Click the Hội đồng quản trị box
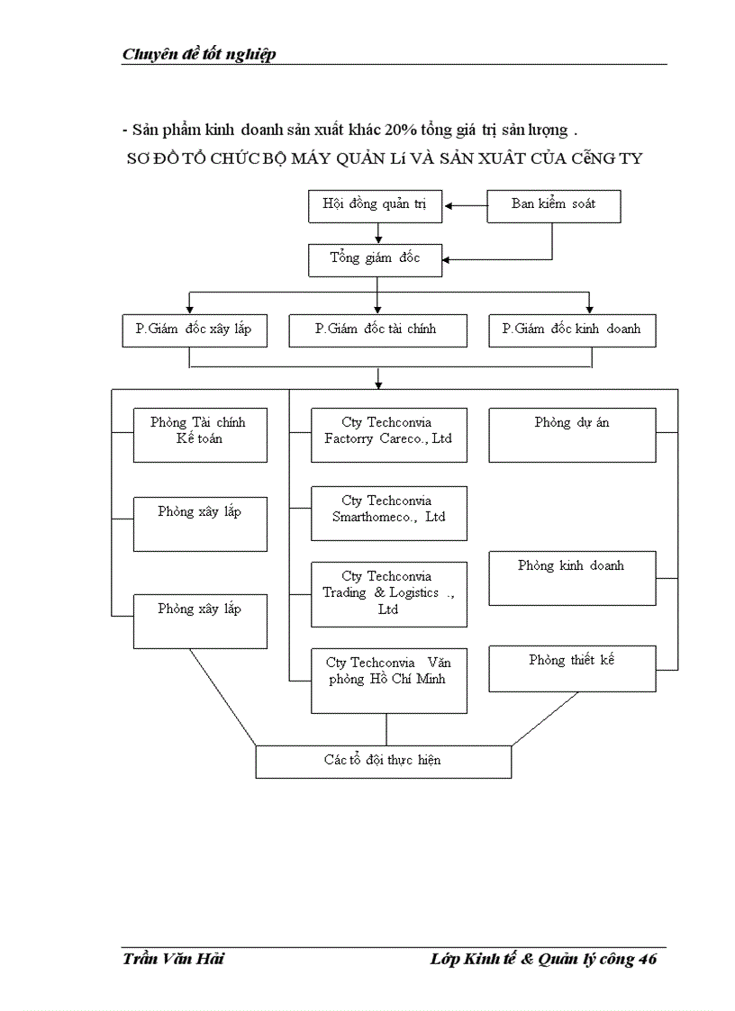pos(374,206)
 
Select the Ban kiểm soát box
pos(553,206)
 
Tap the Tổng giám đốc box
pos(374,260)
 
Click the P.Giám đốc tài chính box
pos(377,330)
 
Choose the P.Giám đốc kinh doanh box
pos(571,330)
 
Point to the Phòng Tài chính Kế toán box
pos(200,435)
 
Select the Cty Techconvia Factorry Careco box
pos(388,435)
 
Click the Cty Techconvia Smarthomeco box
pos(388,513)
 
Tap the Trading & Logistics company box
pos(388,594)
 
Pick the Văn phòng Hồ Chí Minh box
pos(388,680)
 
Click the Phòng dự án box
pos(571,435)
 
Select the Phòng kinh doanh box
pos(571,578)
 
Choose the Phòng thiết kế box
pos(571,668)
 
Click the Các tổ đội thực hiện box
pos(383,761)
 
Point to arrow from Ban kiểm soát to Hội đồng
pos(465,206)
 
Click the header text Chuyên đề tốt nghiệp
pos(199,54)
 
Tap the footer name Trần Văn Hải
pos(173,959)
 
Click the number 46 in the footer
pos(647,959)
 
